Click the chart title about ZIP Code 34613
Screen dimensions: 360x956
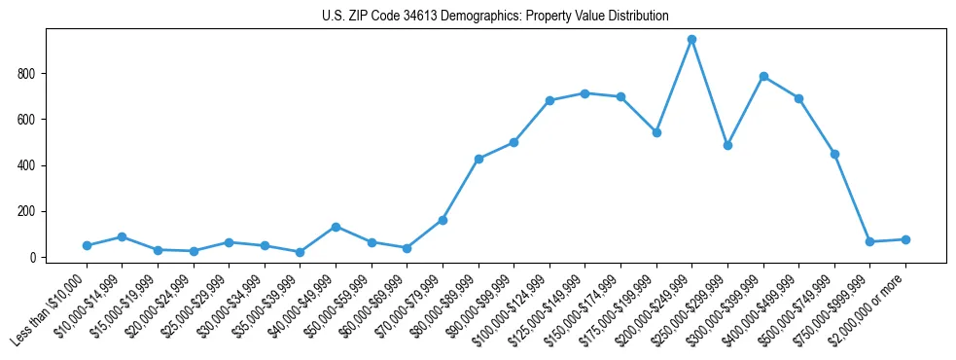pyautogui.click(x=495, y=17)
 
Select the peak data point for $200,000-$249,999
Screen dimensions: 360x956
pyautogui.click(x=691, y=40)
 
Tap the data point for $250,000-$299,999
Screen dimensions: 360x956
pyautogui.click(x=727, y=145)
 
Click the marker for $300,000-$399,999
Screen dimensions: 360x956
pyautogui.click(x=763, y=76)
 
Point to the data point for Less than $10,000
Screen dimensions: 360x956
pyautogui.click(x=87, y=245)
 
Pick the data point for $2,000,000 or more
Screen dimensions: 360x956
pyautogui.click(x=905, y=239)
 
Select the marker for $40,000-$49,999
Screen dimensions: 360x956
pyautogui.click(x=336, y=227)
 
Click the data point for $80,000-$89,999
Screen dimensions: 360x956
pyautogui.click(x=478, y=159)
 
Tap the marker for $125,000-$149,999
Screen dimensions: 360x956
pyautogui.click(x=584, y=93)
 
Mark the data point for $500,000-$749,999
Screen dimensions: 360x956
pyautogui.click(x=834, y=154)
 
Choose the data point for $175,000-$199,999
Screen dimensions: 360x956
pyautogui.click(x=656, y=132)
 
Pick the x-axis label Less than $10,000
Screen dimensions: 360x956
pyautogui.click(x=49, y=310)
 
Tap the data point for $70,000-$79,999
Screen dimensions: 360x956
pyautogui.click(x=443, y=220)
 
